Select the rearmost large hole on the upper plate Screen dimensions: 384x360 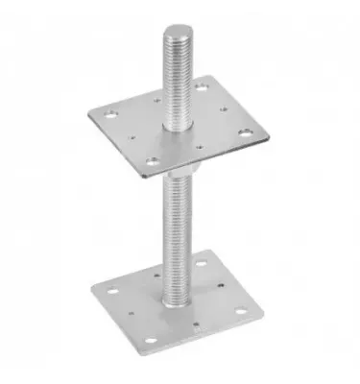point(203,87)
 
